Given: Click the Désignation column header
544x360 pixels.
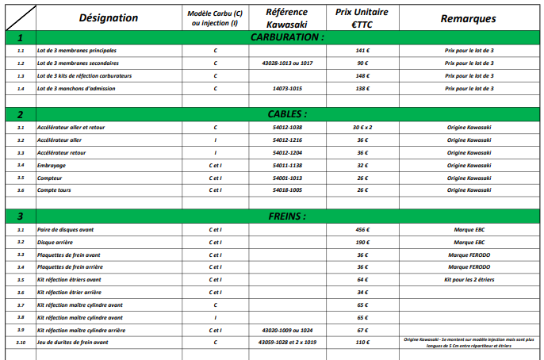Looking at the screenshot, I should [109, 17].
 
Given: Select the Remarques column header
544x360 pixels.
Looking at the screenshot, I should [468, 17].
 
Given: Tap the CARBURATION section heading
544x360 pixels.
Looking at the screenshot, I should [286, 37].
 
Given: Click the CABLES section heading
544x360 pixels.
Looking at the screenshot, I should [286, 114].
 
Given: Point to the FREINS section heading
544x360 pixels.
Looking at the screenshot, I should [286, 216].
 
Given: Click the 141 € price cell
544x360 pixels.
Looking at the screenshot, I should [362, 50].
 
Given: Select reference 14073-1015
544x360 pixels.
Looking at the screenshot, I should [286, 88].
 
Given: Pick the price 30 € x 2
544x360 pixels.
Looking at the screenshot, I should [362, 127].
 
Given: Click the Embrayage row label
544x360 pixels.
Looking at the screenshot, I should [52, 165].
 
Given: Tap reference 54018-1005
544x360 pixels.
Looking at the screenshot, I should [286, 190].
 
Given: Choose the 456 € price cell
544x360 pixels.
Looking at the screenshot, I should [362, 229].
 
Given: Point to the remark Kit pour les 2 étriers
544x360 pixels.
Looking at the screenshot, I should [468, 280].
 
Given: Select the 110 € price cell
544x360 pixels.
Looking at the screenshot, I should [362, 343].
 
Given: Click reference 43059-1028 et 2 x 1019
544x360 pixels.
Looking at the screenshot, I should [286, 343].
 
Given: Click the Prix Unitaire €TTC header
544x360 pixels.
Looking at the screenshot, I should [362, 17].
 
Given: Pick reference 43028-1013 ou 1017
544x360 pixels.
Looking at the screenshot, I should [286, 63].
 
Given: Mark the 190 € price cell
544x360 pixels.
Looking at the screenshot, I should [362, 242].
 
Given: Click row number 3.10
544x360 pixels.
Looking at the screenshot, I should [21, 343].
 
